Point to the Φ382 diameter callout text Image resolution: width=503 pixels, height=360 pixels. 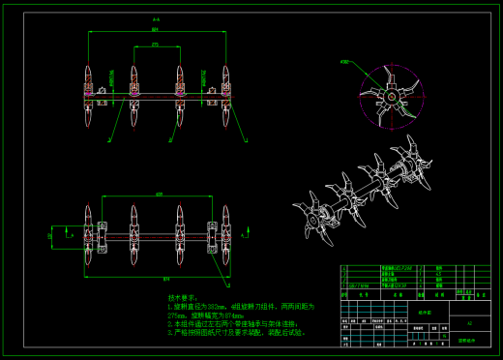tap(344, 62)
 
